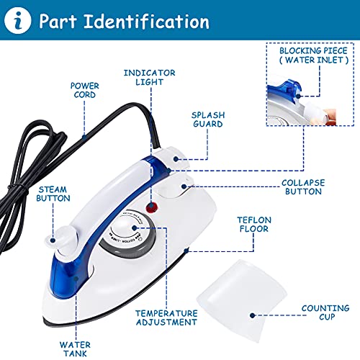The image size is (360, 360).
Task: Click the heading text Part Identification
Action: pos(125,21)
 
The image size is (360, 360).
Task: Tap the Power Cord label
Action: pos(84,91)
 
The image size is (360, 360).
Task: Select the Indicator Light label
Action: pos(150,78)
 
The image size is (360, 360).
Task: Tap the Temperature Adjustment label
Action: pos(166,318)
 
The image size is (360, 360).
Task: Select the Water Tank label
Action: pos(75,348)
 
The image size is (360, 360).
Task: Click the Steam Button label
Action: pos(54,194)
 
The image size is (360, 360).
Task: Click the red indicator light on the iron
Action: pos(152,207)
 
